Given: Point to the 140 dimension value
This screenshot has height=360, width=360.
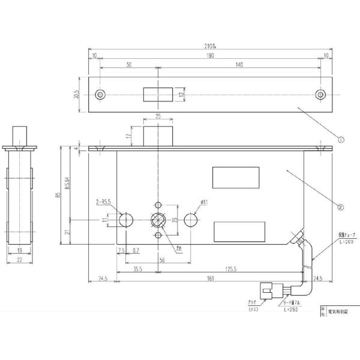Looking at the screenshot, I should (239, 64).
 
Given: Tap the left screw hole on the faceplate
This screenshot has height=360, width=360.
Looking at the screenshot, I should (100, 95).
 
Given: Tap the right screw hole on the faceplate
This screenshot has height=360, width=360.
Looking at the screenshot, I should (321, 95).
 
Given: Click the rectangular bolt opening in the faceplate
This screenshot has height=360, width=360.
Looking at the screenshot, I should (156, 95).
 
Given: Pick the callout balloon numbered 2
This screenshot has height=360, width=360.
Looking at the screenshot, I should (340, 208).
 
